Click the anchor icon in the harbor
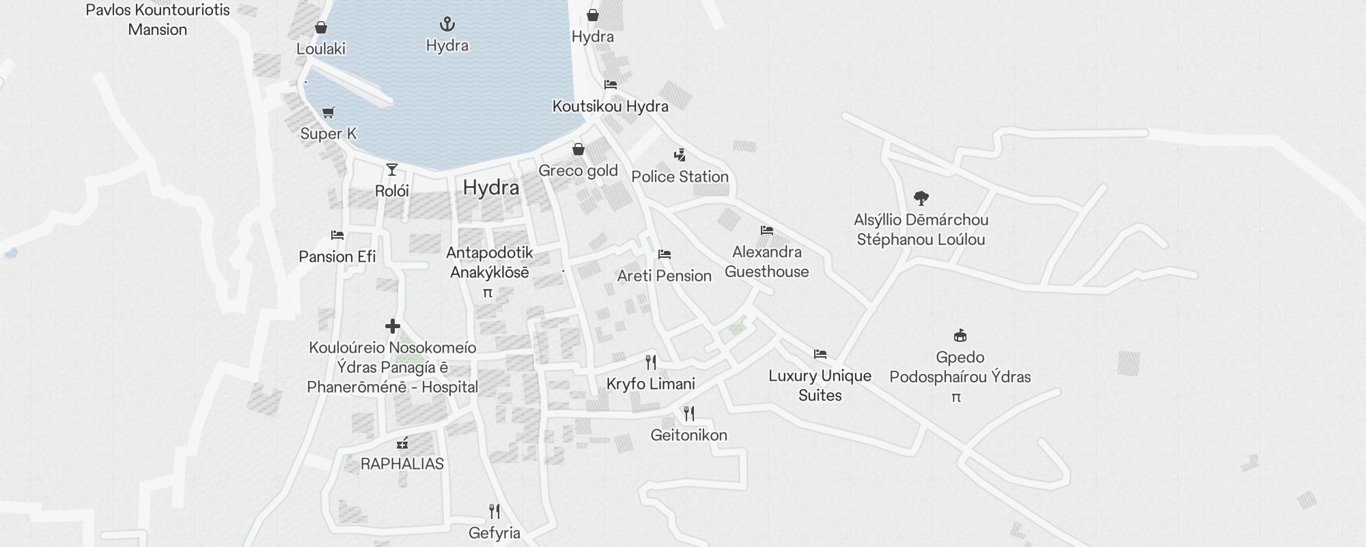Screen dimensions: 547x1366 point(447,25)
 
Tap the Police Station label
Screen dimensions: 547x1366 point(680,176)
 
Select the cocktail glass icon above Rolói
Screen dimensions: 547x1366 point(391,170)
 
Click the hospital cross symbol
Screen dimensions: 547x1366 point(392,326)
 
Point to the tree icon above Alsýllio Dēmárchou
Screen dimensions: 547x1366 point(921,198)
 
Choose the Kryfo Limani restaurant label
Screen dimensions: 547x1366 point(650,384)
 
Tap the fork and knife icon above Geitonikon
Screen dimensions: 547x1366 point(688,414)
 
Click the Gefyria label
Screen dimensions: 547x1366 point(494,533)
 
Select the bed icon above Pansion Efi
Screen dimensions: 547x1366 point(337,235)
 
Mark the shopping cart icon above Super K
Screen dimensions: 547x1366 point(329,112)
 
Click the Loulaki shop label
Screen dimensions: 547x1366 point(320,49)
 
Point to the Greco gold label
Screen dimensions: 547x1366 point(578,170)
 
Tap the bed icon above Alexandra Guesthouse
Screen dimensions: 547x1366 point(766,230)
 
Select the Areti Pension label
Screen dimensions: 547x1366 point(664,276)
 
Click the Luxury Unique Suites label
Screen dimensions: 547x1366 point(820,385)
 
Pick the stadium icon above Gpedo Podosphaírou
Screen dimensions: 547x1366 point(960,336)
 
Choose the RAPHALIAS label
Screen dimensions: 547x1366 point(402,464)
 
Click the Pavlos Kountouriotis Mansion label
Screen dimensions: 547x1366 point(157,20)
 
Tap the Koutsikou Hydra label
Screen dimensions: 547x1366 point(610,106)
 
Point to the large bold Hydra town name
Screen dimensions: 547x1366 point(490,187)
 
